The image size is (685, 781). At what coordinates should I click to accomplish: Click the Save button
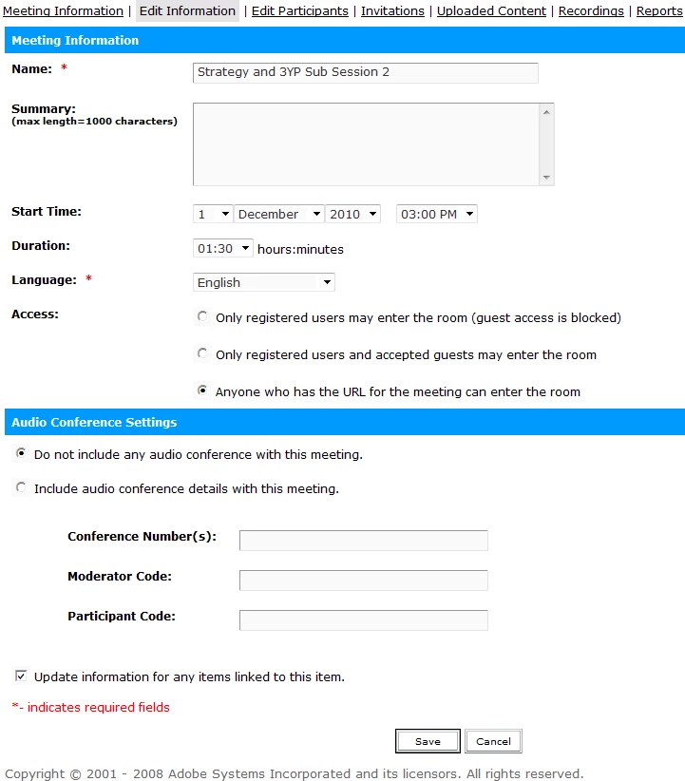coord(428,741)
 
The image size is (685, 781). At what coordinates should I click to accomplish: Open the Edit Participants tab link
coord(299,11)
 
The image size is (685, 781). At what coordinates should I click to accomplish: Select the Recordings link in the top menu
coord(591,11)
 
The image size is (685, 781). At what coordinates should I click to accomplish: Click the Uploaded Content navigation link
coord(491,11)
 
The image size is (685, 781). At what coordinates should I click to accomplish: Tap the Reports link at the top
coord(659,11)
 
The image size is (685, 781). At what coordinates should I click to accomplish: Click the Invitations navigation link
coord(392,11)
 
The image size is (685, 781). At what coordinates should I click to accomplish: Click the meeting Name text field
coord(365,72)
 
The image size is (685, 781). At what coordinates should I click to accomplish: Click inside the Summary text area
coord(366,143)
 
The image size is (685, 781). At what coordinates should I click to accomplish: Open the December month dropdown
coord(278,214)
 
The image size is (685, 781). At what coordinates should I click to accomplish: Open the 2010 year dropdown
coord(352,214)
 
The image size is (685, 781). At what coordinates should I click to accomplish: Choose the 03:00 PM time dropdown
coord(436,214)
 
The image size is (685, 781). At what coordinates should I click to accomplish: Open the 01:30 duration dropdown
coord(223,248)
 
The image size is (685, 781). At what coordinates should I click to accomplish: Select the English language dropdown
coord(263,282)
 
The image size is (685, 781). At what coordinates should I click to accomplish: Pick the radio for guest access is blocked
coord(202,316)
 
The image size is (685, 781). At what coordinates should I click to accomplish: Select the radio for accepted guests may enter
coord(202,353)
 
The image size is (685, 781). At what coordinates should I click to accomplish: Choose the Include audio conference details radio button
coord(21,488)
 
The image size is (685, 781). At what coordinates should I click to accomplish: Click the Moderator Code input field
coord(363,581)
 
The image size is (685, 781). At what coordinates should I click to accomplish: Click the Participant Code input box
coord(363,620)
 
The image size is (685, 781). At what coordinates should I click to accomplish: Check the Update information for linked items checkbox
coord(21,676)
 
